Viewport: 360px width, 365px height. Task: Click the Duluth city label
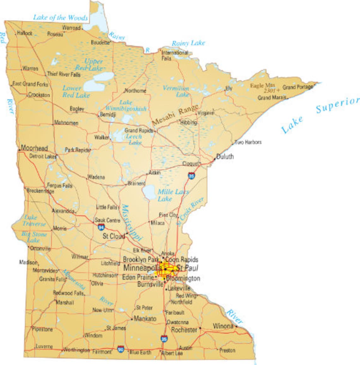pyautogui.click(x=225, y=157)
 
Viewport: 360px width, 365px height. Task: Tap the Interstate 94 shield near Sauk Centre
pyautogui.click(x=101, y=227)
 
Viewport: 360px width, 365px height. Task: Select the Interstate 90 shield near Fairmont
pyautogui.click(x=120, y=349)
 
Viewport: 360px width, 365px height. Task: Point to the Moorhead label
pyautogui.click(x=34, y=148)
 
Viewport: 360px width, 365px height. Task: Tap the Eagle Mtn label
pyautogui.click(x=262, y=86)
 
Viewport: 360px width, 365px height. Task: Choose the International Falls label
pyautogui.click(x=174, y=55)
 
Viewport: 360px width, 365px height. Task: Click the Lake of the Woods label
pyautogui.click(x=60, y=18)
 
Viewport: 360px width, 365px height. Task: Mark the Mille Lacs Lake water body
pyautogui.click(x=149, y=192)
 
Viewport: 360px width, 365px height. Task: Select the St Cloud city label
pyautogui.click(x=114, y=236)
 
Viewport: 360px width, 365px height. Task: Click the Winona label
pyautogui.click(x=223, y=326)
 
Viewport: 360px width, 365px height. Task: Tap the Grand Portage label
pyautogui.click(x=297, y=87)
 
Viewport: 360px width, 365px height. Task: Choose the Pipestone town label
pyautogui.click(x=42, y=329)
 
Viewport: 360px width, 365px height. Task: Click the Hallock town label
pyautogui.click(x=25, y=33)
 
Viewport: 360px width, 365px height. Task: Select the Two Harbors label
pyautogui.click(x=248, y=142)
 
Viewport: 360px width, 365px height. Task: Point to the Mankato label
pyautogui.click(x=145, y=319)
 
